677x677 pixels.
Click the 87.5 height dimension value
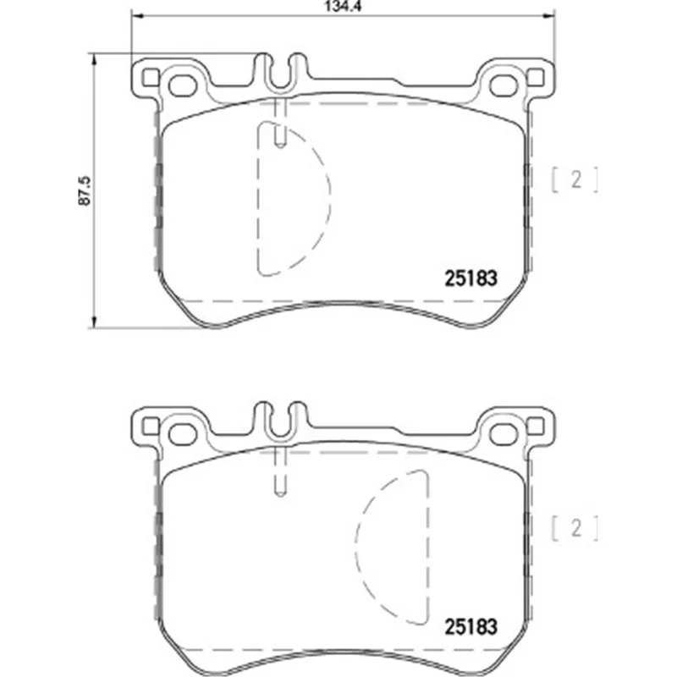coord(84,190)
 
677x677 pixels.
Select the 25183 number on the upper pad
coord(471,278)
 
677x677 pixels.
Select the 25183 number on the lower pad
coord(471,627)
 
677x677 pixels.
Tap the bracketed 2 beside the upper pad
coord(575,179)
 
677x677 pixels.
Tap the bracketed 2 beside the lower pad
coord(575,528)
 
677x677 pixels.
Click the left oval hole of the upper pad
coord(183,86)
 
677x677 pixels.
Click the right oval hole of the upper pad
coord(504,86)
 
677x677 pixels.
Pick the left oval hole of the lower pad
coord(183,434)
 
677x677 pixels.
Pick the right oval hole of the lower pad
coord(504,434)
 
